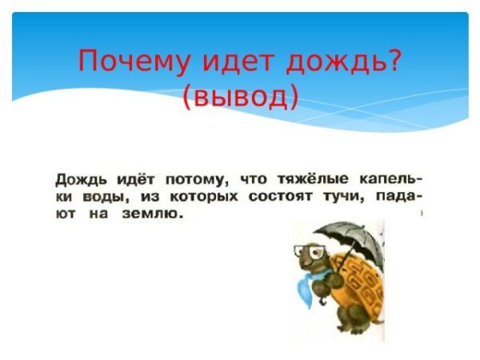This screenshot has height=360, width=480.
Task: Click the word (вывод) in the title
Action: click(x=240, y=96)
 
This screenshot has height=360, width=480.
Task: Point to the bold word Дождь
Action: click(x=80, y=178)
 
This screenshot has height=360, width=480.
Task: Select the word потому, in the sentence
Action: click(x=194, y=178)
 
